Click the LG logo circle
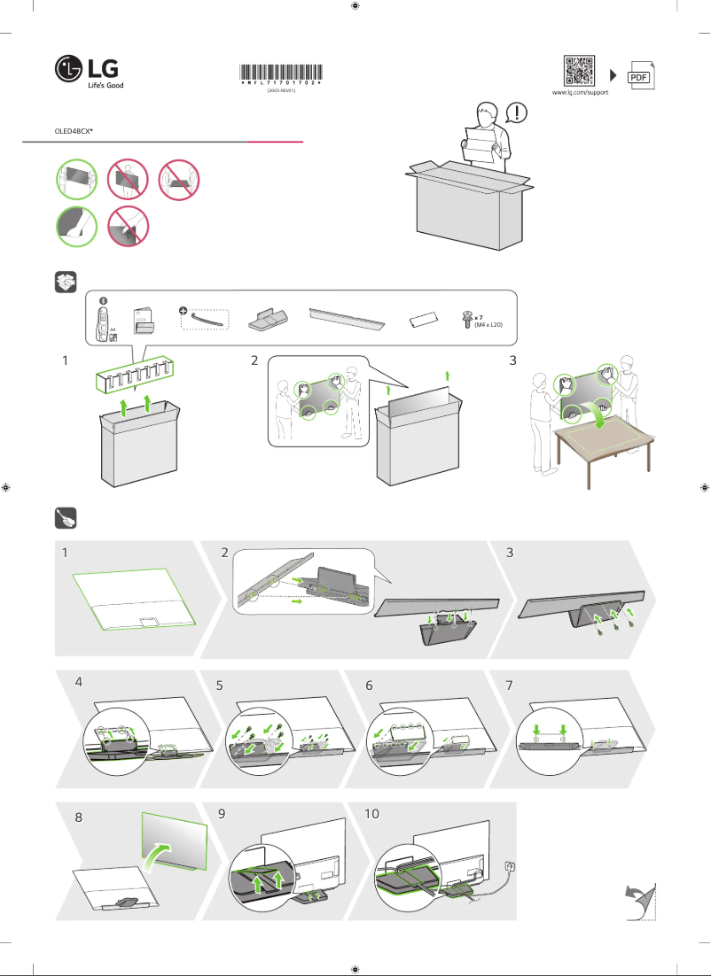67,69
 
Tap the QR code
580,70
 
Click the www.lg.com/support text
580,92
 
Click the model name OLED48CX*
74,129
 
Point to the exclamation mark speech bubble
519,112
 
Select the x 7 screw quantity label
478,316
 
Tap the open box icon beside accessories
66,282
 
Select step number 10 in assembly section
372,813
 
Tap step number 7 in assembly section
510,686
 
